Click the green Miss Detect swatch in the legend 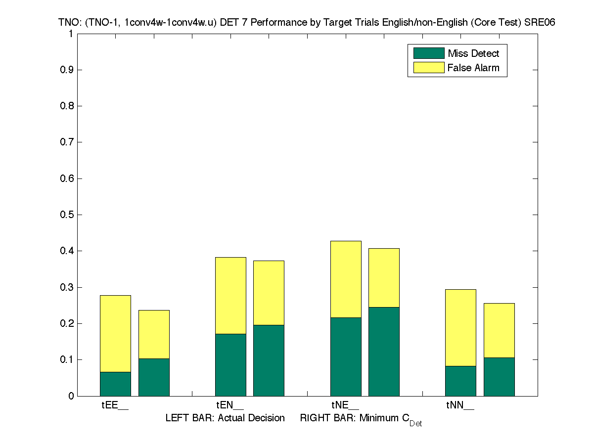pos(428,53)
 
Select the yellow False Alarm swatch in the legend pos(428,68)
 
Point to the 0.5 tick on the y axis pos(67,215)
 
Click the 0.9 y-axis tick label pos(67,70)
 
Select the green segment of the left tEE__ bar pos(115,384)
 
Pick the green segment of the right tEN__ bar pos(269,360)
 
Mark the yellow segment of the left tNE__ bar pos(346,279)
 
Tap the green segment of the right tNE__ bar pos(384,352)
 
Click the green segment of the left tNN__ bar pos(460,381)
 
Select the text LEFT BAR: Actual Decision pos(225,418)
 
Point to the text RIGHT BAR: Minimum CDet pos(361,419)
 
